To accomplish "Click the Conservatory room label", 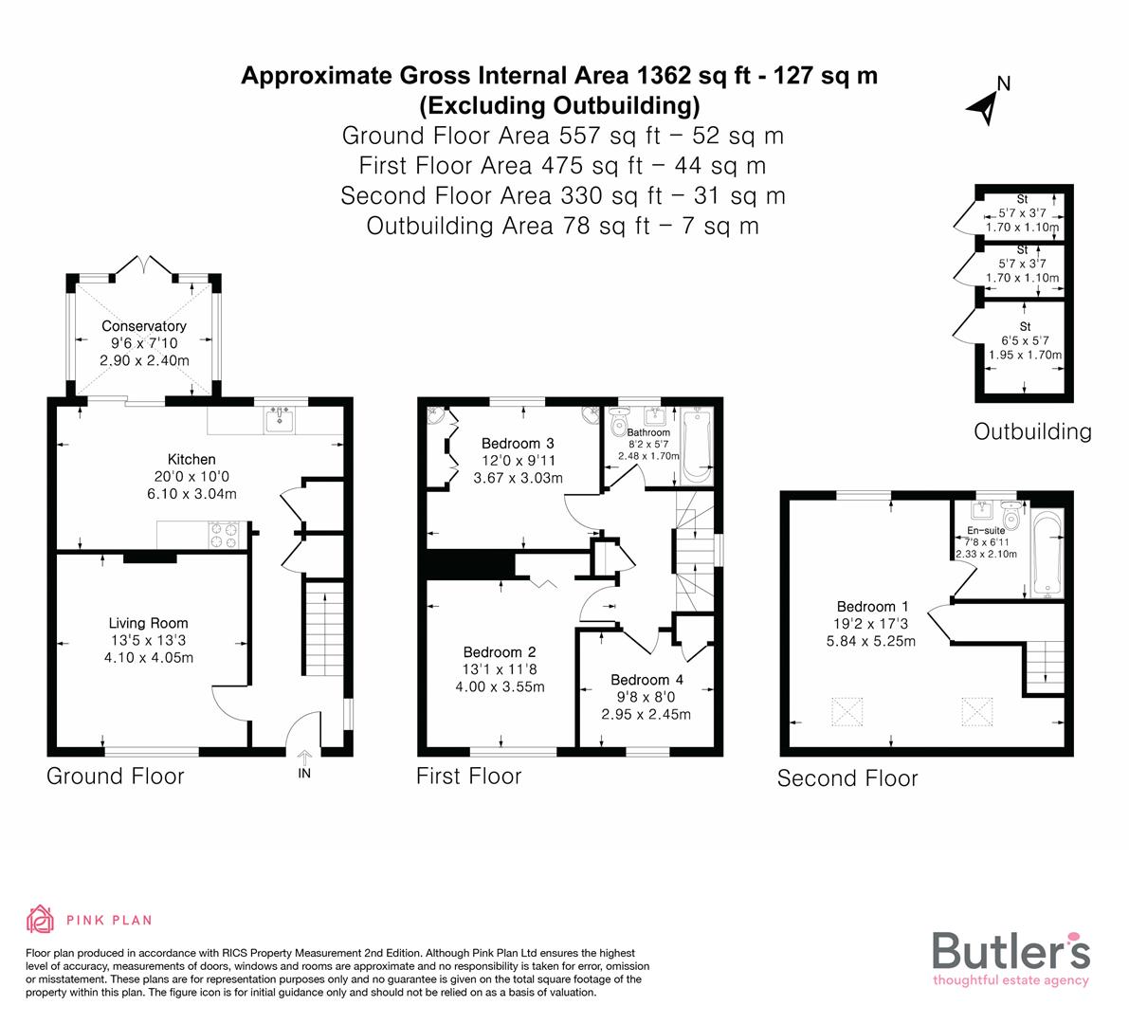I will click(144, 326).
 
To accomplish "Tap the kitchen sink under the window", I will click(280, 420).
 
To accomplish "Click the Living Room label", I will click(148, 623).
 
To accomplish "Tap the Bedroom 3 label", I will click(517, 443).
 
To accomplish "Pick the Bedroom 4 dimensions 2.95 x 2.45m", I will click(646, 714).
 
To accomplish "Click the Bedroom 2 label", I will click(500, 652).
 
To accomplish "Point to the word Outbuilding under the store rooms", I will click(1032, 432).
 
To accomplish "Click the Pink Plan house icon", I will click(41, 919).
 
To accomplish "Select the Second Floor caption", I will click(847, 778).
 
